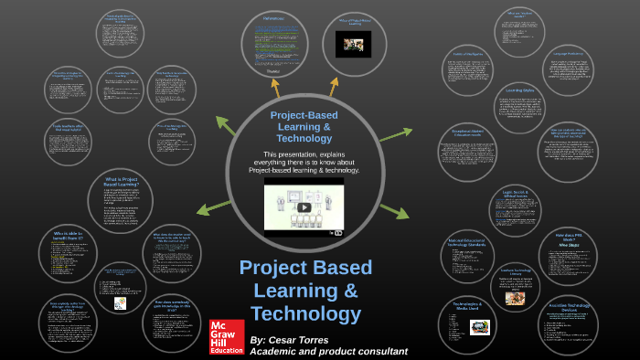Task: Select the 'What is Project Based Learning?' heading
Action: click(122, 182)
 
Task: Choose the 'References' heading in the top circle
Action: click(273, 17)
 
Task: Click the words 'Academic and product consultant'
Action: click(328, 352)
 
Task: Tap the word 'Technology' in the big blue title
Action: click(305, 314)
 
